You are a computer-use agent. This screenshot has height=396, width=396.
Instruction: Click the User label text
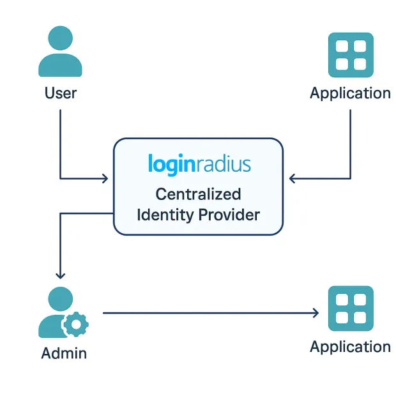coord(61,93)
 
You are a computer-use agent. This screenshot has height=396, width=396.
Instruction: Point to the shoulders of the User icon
coord(61,66)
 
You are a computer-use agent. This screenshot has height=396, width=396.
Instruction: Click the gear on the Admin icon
coord(75,324)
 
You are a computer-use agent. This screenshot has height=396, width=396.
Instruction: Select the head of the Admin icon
coord(61,299)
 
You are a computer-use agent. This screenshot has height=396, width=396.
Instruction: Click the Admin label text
coord(64,353)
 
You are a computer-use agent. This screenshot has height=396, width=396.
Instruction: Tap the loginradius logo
coord(199,164)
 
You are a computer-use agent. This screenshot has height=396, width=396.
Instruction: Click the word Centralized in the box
coord(199,194)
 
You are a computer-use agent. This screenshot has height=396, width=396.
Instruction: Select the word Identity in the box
coord(165,215)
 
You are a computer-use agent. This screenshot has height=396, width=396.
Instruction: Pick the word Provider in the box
coord(229,215)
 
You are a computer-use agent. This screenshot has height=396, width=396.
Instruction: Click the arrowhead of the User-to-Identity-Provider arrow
coord(105,179)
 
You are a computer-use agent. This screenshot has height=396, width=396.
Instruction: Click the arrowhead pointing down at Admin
coord(60,275)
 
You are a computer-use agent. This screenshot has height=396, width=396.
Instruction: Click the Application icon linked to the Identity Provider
coord(350,55)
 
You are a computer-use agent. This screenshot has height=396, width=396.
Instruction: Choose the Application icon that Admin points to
coord(350,308)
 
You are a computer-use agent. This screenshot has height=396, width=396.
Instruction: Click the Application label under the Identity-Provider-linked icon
coord(350,93)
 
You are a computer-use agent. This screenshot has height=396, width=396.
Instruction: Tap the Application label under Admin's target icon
coord(350,347)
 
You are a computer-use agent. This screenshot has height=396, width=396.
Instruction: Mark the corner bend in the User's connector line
coord(60,179)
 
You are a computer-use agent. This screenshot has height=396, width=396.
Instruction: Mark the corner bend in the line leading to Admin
coord(60,214)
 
